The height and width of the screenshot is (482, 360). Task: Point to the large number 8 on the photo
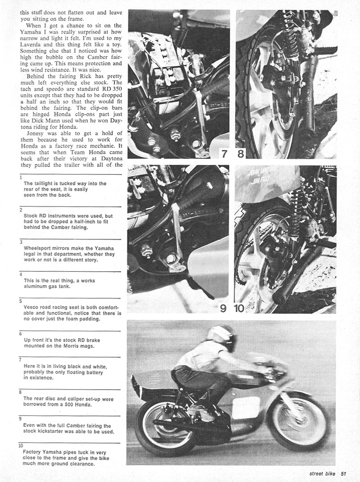[241, 154]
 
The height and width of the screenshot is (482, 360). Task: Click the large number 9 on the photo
[223, 307]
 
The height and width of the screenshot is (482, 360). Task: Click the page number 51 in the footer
[343, 474]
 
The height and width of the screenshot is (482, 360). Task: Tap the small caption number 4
[21, 274]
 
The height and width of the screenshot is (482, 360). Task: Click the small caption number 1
[21, 177]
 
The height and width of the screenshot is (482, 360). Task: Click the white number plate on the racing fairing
[246, 407]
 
